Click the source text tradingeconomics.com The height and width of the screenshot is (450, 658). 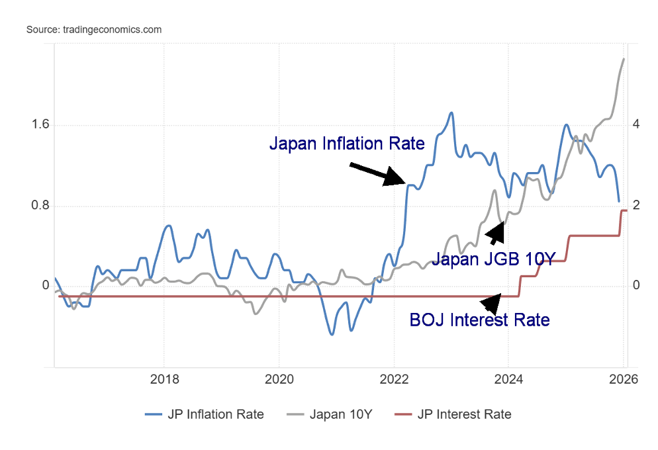point(94,30)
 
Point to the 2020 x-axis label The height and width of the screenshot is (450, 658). point(279,380)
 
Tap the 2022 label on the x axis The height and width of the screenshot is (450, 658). point(394,380)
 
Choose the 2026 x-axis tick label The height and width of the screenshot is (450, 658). point(623,380)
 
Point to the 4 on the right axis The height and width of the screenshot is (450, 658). point(635,125)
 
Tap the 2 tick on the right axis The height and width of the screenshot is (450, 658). point(635,206)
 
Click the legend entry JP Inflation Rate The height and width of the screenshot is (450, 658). point(205,414)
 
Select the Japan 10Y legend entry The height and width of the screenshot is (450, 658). point(330,414)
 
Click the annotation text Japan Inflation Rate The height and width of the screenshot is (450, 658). point(346,144)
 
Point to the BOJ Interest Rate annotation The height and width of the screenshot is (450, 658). point(479,320)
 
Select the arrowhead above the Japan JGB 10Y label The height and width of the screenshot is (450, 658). point(495,232)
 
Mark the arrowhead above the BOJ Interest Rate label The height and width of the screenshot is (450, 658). point(491,304)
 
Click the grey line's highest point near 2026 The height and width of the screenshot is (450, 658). point(624,59)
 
